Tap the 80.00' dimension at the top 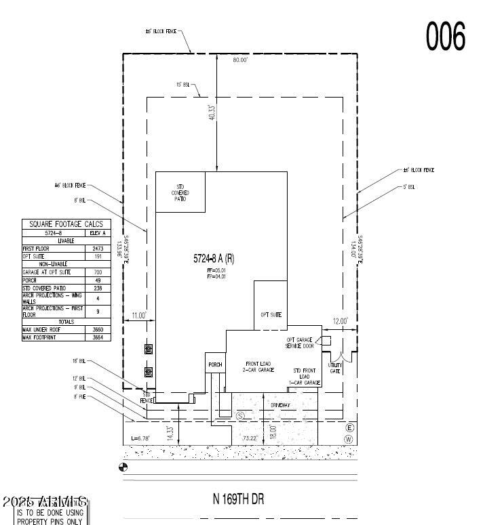[240, 60]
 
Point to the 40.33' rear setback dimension [212, 112]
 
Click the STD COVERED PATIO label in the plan [180, 192]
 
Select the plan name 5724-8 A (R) [215, 258]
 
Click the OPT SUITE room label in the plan [270, 314]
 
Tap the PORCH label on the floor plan [215, 364]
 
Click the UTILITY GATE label [335, 369]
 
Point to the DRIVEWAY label [280, 404]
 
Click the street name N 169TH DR [238, 499]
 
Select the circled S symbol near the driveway [239, 415]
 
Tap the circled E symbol [350, 427]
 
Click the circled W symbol [350, 439]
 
